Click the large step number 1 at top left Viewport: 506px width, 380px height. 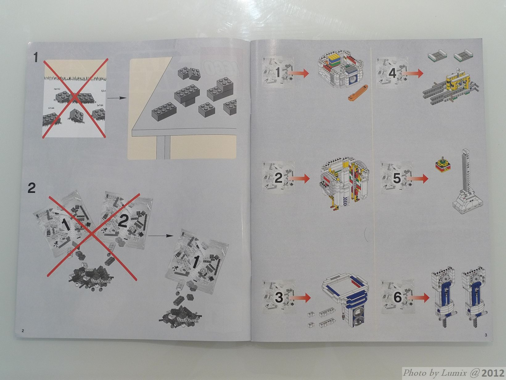(35, 58)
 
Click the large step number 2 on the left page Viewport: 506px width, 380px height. (31, 188)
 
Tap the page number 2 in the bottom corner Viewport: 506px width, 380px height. (23, 331)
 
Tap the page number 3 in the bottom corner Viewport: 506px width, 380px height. (486, 335)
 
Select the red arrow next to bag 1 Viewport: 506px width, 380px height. (298, 73)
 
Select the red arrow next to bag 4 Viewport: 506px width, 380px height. (413, 73)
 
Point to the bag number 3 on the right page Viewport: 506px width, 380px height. (279, 298)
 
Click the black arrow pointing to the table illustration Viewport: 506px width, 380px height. (117, 98)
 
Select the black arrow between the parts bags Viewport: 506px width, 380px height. (160, 236)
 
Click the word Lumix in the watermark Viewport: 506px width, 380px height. (454, 373)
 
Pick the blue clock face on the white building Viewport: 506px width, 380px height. (353, 80)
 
